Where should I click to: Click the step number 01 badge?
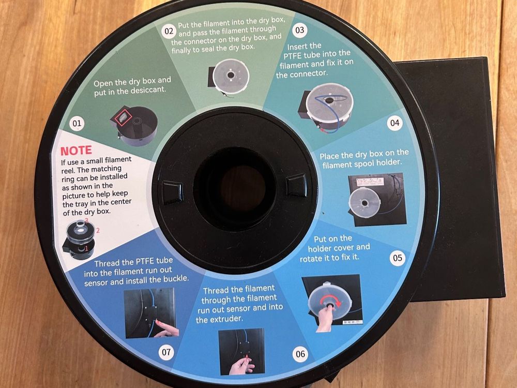point(77,124)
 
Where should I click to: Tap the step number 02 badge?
point(169,32)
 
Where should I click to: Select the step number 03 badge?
point(300,31)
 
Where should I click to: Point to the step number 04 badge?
point(394,123)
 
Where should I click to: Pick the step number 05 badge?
point(398,258)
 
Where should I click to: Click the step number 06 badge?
point(300,354)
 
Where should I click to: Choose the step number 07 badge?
point(166,352)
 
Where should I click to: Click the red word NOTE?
point(76,151)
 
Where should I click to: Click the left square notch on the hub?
point(172,191)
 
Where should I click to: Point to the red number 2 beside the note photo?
point(98,230)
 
